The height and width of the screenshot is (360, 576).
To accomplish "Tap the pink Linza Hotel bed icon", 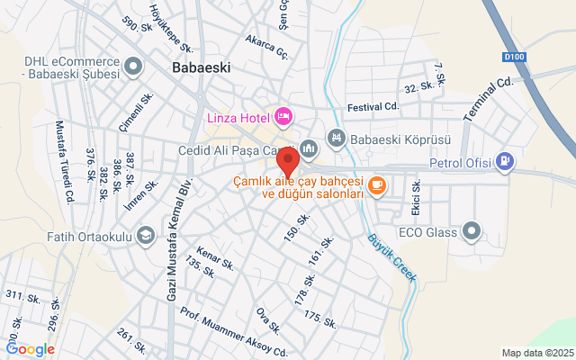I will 283,115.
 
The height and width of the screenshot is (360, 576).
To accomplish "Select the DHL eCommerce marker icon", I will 133,66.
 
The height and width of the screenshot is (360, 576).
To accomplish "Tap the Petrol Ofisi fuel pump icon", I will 506,162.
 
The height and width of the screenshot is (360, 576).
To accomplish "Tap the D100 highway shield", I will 514,57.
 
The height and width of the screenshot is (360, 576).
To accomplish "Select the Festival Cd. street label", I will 372,106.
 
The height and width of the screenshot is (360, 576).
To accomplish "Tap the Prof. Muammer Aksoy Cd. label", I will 232,331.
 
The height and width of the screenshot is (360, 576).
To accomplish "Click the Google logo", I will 30,349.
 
